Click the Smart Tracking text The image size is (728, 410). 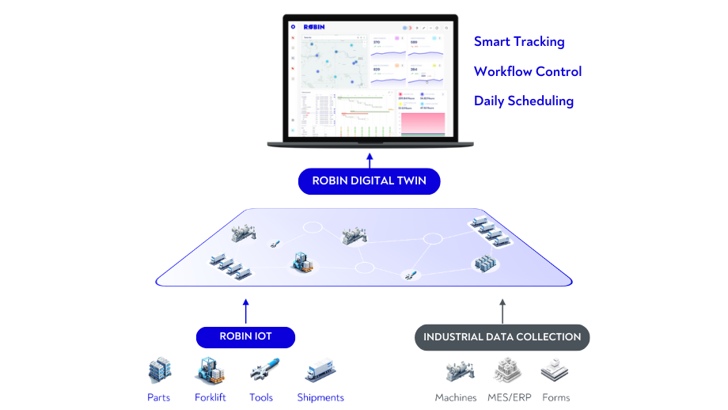(x=519, y=42)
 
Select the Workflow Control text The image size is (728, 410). (x=528, y=71)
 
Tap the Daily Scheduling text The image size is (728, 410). (x=524, y=101)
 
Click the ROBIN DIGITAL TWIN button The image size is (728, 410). (x=369, y=180)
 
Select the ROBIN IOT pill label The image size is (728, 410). (x=245, y=336)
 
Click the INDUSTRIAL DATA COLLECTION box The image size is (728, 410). (x=502, y=337)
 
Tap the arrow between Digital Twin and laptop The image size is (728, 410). (x=369, y=159)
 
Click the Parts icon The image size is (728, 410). (x=159, y=370)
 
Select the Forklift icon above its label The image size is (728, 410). (x=210, y=370)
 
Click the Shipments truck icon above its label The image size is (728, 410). (x=320, y=370)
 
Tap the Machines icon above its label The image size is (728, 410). (x=456, y=370)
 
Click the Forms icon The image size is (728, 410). (x=555, y=370)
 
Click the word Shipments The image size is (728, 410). (x=320, y=397)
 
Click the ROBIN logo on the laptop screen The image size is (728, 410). (x=314, y=27)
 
